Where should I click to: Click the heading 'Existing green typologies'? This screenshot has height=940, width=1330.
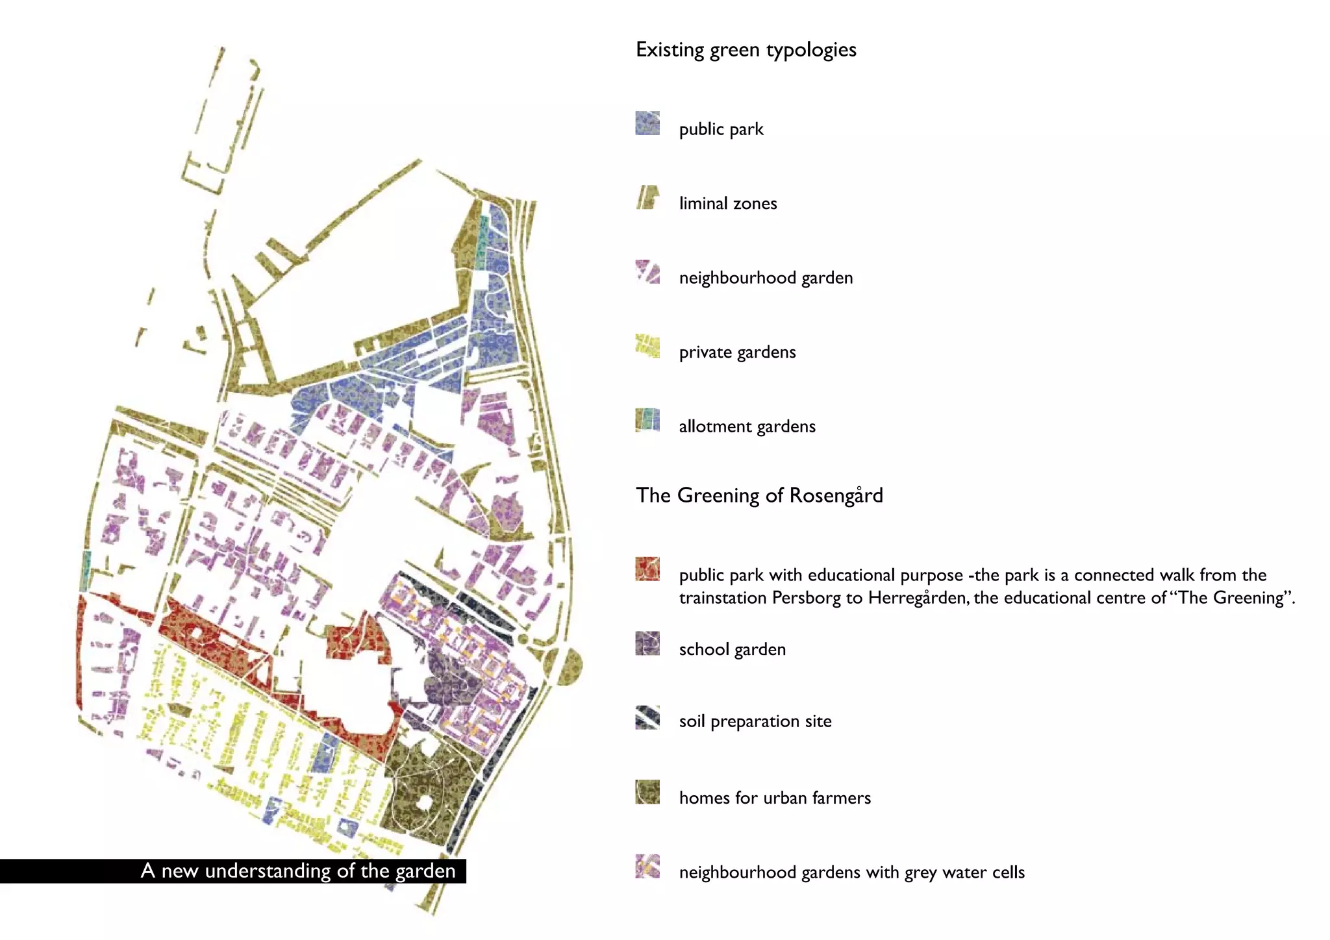pos(746,50)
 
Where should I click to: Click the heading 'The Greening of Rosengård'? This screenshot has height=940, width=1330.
pos(759,495)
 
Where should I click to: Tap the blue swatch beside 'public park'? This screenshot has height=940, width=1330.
pos(647,123)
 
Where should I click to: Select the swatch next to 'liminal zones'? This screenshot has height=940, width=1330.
pos(647,197)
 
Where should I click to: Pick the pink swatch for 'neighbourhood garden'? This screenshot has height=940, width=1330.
pos(647,272)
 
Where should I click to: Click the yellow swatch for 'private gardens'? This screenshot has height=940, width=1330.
pos(647,346)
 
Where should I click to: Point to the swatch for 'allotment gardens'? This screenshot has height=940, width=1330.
pos(647,420)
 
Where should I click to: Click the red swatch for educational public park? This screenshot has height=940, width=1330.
pos(647,569)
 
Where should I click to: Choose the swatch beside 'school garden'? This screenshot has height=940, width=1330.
pos(647,643)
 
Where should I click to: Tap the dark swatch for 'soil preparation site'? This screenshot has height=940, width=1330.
pos(647,717)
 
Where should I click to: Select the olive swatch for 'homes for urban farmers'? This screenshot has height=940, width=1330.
pos(647,792)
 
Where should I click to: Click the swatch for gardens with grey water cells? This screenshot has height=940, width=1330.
pos(647,867)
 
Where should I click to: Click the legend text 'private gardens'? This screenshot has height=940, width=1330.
pos(737,352)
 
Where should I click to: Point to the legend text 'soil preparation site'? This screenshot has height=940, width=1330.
pos(755,721)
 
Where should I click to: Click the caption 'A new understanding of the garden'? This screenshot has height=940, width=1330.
pos(298,871)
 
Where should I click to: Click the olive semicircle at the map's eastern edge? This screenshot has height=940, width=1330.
pos(570,666)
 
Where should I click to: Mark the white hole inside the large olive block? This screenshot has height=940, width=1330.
pos(425,803)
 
